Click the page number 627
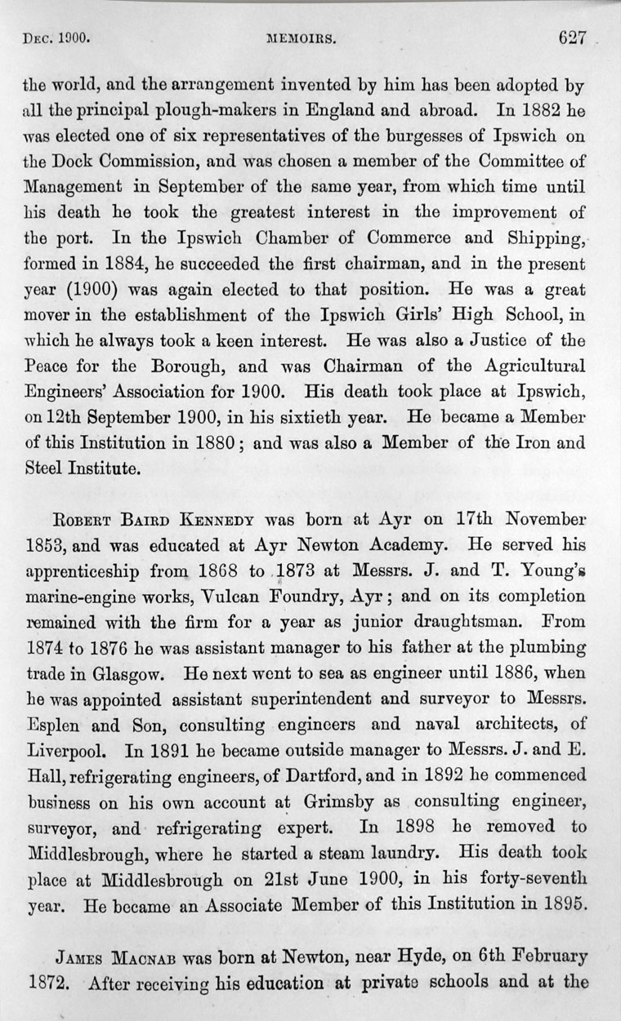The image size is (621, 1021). tap(574, 38)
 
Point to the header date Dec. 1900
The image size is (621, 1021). tap(57, 38)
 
